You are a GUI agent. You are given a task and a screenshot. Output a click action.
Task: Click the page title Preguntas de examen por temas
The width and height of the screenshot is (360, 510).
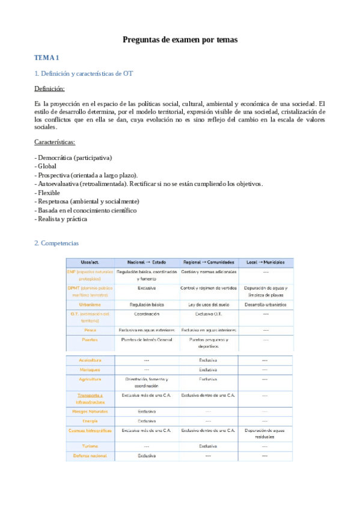180,40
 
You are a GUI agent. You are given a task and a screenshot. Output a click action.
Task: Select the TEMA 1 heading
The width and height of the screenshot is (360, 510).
47,58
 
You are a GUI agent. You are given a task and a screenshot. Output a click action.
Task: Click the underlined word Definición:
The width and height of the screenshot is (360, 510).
50,88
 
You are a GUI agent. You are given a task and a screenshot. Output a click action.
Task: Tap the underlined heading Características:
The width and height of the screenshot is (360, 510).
55,142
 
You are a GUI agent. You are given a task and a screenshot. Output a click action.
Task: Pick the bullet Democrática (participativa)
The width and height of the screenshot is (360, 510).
73,158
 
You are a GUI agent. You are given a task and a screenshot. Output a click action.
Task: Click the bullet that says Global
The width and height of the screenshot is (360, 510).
47,166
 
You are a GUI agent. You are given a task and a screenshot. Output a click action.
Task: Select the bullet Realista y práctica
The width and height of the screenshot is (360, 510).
61,219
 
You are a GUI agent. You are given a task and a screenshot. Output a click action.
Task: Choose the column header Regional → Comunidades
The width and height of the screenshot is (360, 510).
206,262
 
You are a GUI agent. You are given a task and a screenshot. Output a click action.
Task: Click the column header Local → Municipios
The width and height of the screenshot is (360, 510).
265,262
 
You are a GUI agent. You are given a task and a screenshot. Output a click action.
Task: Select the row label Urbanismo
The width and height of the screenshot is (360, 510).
90,304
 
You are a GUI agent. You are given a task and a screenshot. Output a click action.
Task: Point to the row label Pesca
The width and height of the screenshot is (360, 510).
90,330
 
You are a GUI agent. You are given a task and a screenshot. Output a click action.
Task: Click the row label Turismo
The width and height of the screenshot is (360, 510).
90,446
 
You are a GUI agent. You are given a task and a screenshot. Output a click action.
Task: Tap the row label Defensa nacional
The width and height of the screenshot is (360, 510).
90,456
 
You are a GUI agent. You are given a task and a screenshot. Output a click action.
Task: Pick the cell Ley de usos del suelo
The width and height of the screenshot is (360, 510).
206,304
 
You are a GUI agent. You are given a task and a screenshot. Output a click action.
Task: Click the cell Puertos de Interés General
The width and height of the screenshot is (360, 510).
146,340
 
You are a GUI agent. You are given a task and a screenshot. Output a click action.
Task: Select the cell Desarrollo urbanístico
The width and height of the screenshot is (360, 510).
265,304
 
